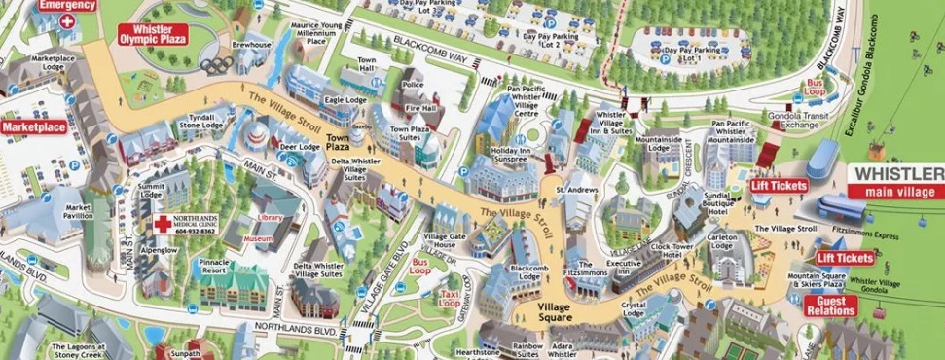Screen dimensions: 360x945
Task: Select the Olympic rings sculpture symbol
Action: coord(215,65)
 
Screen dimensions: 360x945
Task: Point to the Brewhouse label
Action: coord(250,46)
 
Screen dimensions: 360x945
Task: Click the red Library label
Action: coord(270,218)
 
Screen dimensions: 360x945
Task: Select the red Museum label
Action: coord(258,239)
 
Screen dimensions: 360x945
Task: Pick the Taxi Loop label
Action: coord(449,299)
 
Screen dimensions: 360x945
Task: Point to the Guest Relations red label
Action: coord(831,306)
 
